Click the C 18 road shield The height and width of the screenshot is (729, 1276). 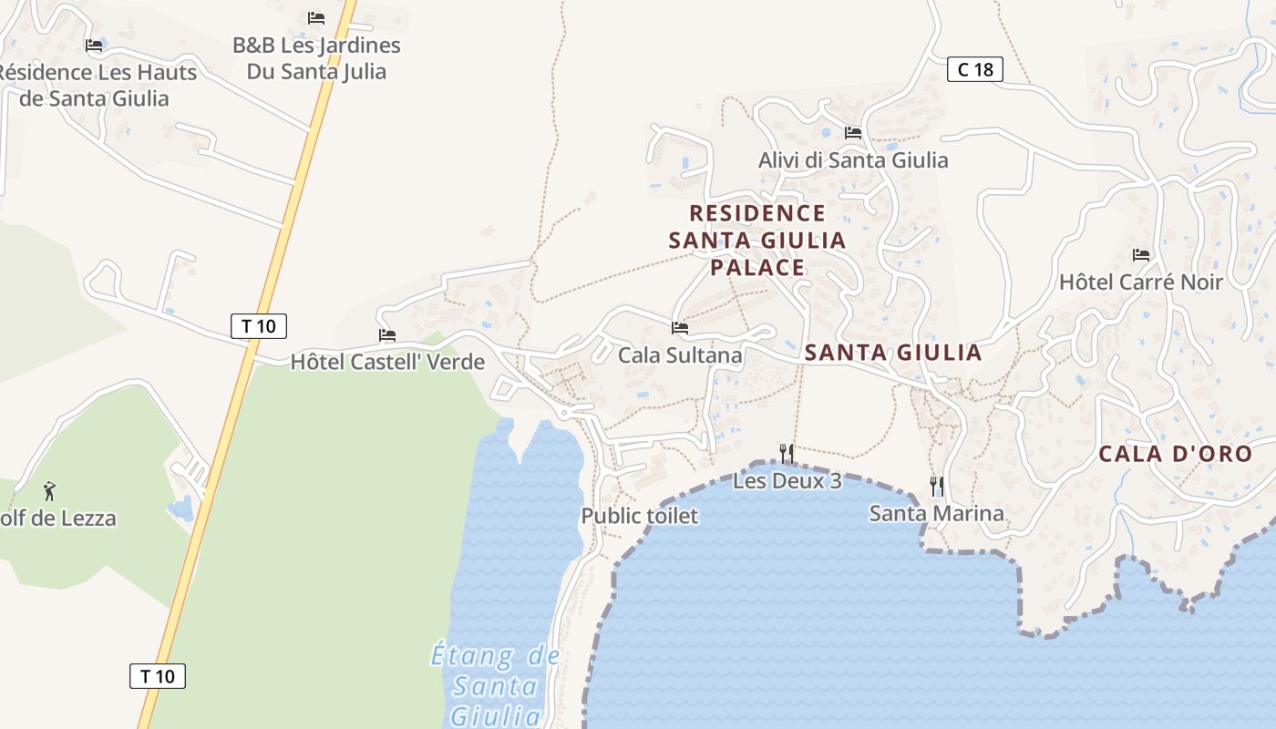pyautogui.click(x=974, y=69)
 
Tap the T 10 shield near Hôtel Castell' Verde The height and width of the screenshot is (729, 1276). pyautogui.click(x=259, y=326)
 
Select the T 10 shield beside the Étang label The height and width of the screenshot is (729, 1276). pyautogui.click(x=158, y=676)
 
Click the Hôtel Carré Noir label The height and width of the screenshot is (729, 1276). pyautogui.click(x=1140, y=282)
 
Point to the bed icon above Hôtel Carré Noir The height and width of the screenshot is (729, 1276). pyautogui.click(x=1140, y=255)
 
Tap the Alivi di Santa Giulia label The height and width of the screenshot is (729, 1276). pyautogui.click(x=853, y=160)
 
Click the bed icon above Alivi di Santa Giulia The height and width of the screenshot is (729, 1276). pyautogui.click(x=853, y=133)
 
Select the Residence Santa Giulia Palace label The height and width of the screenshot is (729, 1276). pyautogui.click(x=757, y=240)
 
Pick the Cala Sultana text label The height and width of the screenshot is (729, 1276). pyautogui.click(x=680, y=354)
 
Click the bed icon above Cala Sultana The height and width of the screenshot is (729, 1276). pyautogui.click(x=680, y=328)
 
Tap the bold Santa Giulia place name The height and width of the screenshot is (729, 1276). pyautogui.click(x=893, y=353)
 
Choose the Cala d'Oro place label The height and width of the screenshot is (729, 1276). pyautogui.click(x=1175, y=454)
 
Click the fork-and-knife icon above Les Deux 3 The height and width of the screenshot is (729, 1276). pyautogui.click(x=787, y=453)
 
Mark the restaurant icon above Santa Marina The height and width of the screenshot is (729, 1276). pyautogui.click(x=936, y=486)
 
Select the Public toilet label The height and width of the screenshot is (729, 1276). pyautogui.click(x=640, y=516)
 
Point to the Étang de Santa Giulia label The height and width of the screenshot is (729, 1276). pyautogui.click(x=496, y=683)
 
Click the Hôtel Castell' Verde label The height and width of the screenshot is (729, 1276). pyautogui.click(x=387, y=362)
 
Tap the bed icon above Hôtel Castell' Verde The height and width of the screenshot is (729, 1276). pyautogui.click(x=387, y=335)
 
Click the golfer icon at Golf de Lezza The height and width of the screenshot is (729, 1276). pyautogui.click(x=49, y=492)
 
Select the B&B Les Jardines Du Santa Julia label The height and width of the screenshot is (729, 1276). pyautogui.click(x=316, y=57)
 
